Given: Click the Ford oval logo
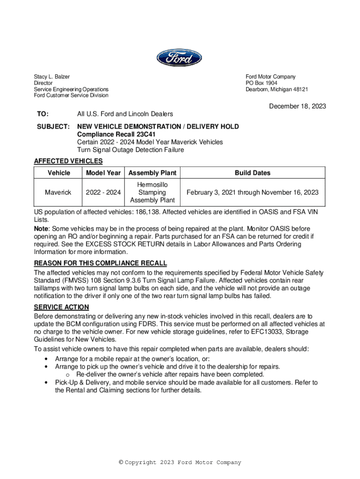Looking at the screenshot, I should click(180, 59).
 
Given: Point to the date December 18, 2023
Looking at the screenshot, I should click(297, 106).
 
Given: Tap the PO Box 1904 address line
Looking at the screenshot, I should click(261, 83).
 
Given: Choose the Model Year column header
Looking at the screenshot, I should click(103, 173).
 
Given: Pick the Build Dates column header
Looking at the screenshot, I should click(252, 173).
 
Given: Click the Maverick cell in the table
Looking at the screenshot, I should click(58, 192).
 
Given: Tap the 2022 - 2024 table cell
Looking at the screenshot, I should click(103, 192).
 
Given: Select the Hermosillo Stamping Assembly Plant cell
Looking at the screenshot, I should click(152, 192).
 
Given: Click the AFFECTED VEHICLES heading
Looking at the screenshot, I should click(68, 161).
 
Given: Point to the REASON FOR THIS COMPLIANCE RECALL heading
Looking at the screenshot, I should click(101, 263).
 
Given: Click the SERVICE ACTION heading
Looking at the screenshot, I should click(61, 307).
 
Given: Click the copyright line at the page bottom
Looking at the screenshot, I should click(180, 463).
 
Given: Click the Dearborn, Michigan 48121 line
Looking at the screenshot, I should click(277, 89).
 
